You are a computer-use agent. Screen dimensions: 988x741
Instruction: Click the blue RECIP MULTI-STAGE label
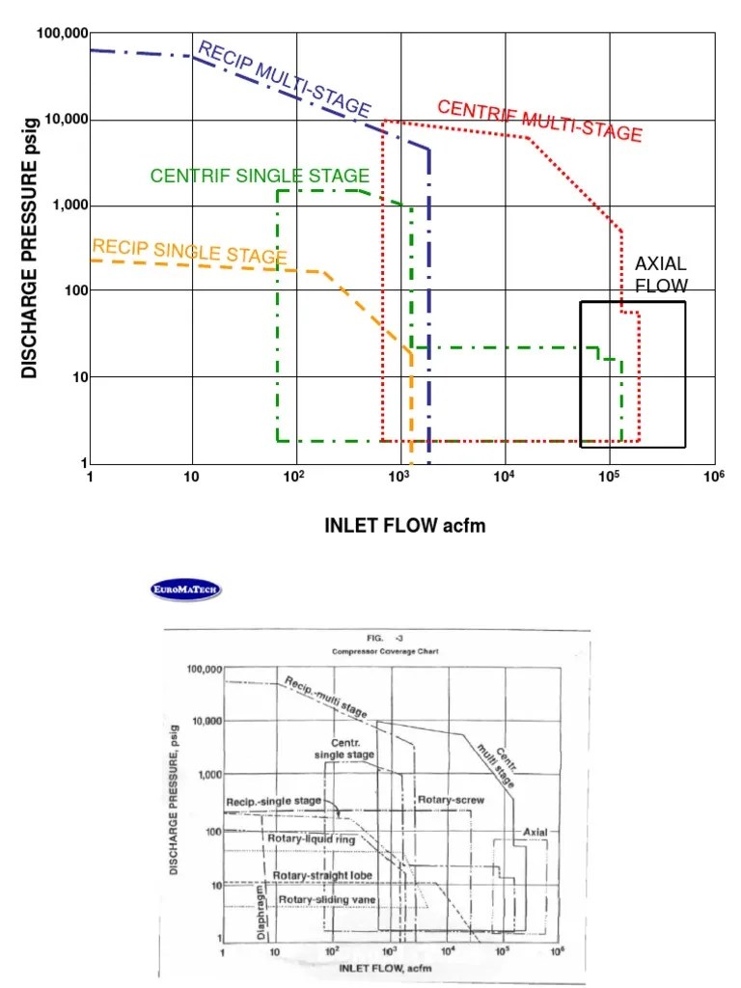pyautogui.click(x=284, y=79)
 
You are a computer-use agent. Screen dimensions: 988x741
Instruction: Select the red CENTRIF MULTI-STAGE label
pyautogui.click(x=539, y=121)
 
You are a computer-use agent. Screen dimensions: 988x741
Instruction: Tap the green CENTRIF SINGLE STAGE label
pyautogui.click(x=260, y=176)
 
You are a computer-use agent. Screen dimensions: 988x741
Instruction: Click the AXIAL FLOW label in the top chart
pyautogui.click(x=661, y=275)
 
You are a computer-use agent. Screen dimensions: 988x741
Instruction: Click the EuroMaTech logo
pyautogui.click(x=185, y=589)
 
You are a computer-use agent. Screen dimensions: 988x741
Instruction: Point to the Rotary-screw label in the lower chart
pyautogui.click(x=451, y=800)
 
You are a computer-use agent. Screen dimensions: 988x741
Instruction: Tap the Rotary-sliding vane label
pyautogui.click(x=327, y=899)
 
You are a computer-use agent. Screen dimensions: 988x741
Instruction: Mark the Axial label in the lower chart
pyautogui.click(x=535, y=832)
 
